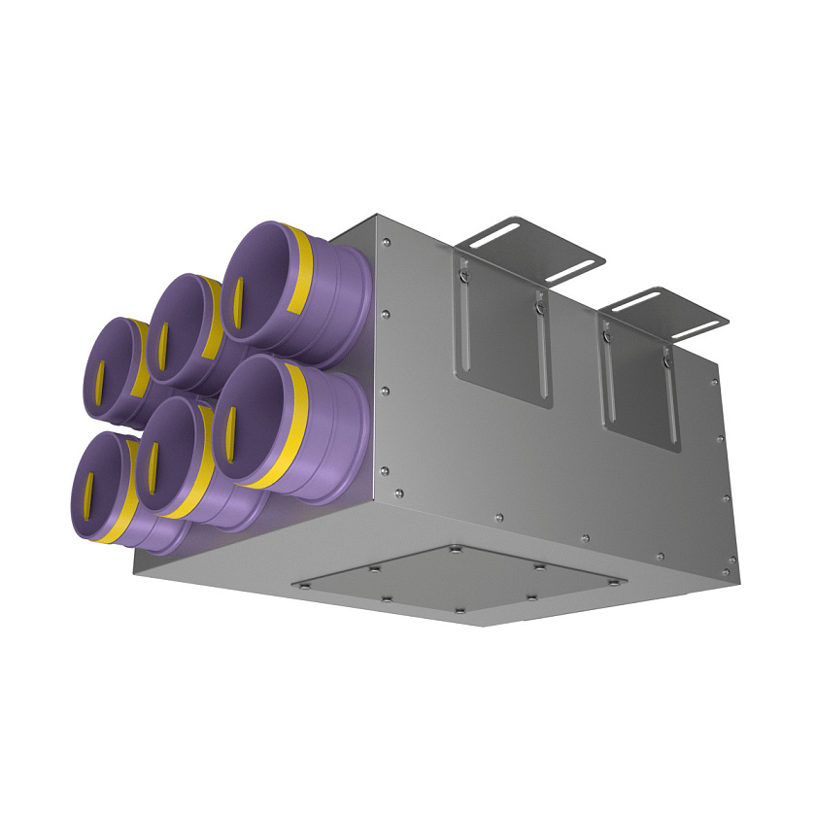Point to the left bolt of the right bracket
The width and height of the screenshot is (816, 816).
tap(606, 336)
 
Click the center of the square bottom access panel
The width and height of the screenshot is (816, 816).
tap(459, 583)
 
